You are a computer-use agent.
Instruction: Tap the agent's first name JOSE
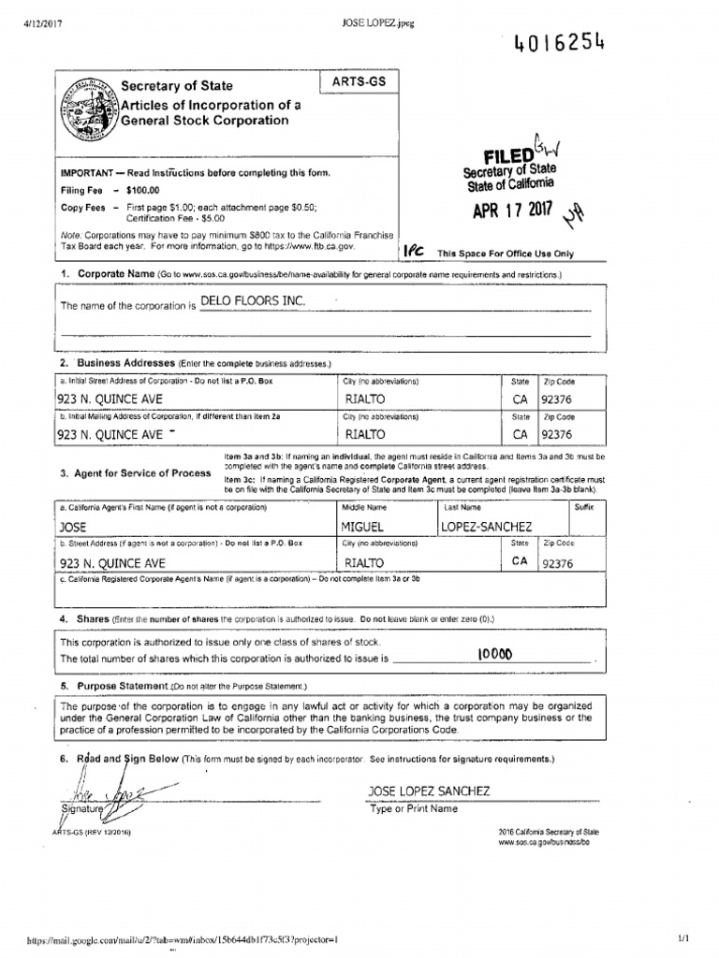click(72, 528)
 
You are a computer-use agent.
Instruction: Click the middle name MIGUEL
click(365, 528)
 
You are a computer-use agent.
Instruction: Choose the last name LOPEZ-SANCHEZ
click(486, 528)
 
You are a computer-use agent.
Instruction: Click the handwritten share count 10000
click(494, 655)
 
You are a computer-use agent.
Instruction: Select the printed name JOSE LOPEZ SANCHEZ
click(429, 791)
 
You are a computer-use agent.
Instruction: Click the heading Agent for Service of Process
click(136, 473)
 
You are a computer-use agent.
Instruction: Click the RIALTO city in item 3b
click(365, 562)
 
